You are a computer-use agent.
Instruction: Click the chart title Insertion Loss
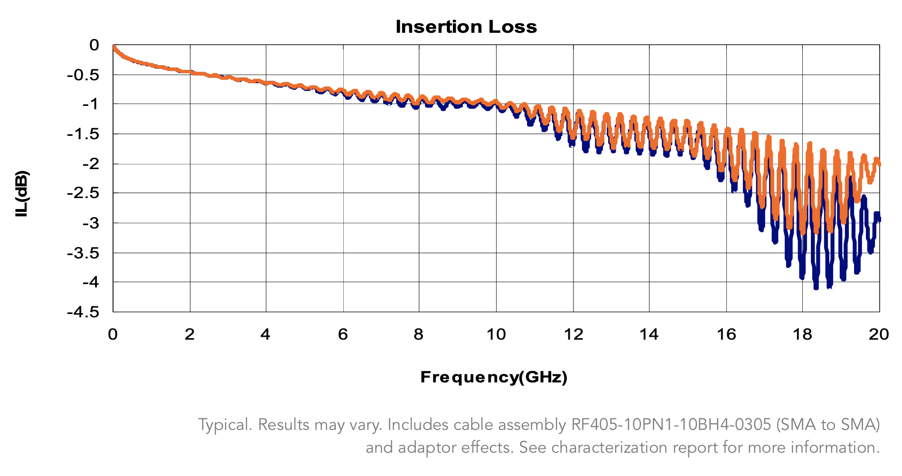coord(466,27)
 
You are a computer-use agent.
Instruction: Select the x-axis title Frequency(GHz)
coord(494,377)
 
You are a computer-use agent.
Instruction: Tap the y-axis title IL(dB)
coord(22,194)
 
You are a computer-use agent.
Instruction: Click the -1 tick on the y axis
coord(90,104)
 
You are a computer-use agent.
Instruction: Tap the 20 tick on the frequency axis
coord(879,334)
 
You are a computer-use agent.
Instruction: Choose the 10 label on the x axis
coord(496,334)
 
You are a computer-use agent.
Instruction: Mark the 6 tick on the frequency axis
coord(343,334)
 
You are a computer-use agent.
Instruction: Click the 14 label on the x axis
coord(649,334)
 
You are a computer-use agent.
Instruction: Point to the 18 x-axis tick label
coord(802,334)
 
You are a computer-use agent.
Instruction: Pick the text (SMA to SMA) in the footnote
coord(828,424)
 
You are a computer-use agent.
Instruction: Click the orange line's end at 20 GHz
coord(879,164)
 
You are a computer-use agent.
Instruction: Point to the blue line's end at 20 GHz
coord(879,219)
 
